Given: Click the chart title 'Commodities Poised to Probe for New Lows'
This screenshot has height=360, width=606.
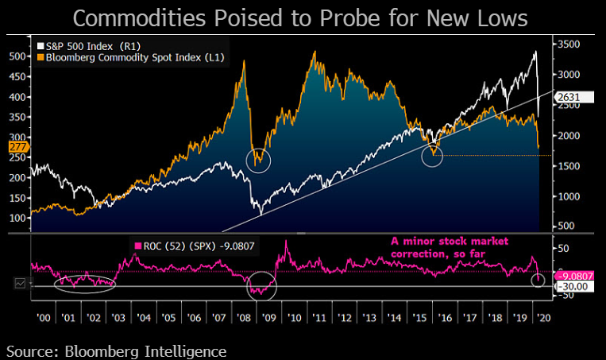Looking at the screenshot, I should coord(303,17).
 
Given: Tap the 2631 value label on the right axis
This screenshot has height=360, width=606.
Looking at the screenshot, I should coord(569,98).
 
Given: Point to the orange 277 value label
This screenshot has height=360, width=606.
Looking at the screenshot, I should coord(18,147).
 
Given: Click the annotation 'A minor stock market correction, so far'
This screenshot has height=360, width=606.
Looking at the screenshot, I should coord(450,246).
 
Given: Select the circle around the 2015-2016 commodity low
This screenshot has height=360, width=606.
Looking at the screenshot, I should coord(432,156).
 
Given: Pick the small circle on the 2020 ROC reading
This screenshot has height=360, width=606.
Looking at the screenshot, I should coord(538,280).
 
